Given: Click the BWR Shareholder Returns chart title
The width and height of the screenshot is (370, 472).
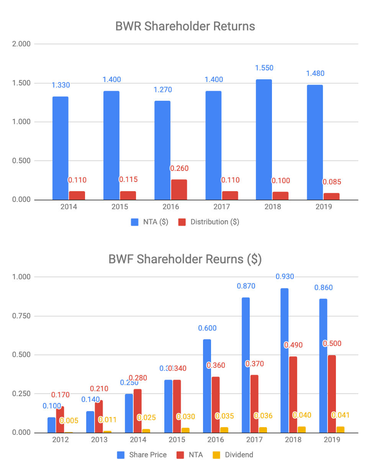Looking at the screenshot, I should coord(185,26).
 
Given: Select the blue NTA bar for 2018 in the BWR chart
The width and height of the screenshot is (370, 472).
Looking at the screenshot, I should coord(264,139).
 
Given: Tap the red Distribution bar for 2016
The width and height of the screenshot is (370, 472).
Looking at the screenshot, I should coord(178,190).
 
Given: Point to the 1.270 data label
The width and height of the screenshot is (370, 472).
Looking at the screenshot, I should coord(163,90).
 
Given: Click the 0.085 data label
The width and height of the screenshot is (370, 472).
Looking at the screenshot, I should coord(332,182).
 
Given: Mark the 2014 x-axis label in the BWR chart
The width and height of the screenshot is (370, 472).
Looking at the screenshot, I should coord(69,207).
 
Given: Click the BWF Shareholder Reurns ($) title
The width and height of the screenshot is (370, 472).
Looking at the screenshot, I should coord(185,259).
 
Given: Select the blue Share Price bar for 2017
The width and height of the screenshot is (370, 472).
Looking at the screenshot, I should coord(246,365).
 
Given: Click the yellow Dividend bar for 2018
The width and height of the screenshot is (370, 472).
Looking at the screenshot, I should coord(301,429).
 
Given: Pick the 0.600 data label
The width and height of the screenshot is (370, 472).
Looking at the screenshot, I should coord(207,328).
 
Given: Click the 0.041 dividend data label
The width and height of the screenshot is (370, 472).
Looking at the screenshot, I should coord(341,415).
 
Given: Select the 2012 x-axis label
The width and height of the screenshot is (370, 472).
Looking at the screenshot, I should coord(61,440).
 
